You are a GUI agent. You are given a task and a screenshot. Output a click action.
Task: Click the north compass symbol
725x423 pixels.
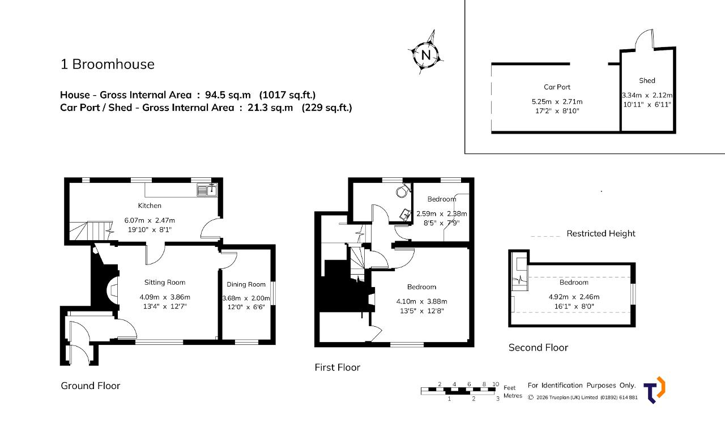425,54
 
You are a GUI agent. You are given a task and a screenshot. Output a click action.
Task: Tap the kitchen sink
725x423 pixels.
207,190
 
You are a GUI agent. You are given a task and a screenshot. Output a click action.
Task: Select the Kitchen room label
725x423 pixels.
150,206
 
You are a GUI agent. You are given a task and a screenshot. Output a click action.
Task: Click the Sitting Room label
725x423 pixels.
165,283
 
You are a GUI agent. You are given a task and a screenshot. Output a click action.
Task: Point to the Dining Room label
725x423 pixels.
246,284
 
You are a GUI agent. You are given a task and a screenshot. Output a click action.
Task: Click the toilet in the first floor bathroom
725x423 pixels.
403,190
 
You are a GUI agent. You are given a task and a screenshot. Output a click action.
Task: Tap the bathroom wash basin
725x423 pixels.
406,215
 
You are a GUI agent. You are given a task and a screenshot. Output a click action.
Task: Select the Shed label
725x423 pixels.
647,80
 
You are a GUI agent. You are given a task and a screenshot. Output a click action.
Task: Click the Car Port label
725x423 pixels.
557,87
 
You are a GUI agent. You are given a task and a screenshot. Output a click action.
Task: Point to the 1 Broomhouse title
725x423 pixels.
108,64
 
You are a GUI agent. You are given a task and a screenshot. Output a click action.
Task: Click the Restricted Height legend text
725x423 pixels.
601,233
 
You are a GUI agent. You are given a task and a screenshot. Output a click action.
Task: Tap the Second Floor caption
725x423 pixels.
538,348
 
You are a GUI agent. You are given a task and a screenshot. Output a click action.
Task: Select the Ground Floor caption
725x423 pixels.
90,386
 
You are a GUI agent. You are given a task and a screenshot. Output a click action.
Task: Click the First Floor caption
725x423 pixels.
337,368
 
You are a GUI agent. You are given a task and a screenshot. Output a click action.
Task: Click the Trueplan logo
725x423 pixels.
654,390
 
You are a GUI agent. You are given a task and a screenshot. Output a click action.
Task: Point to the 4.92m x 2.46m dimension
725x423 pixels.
574,297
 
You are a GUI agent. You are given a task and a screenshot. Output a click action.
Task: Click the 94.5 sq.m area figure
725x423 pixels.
228,95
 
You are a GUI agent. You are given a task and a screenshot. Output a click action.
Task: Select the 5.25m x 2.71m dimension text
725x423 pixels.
557,101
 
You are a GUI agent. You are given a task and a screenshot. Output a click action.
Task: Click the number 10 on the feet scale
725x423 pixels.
496,384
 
